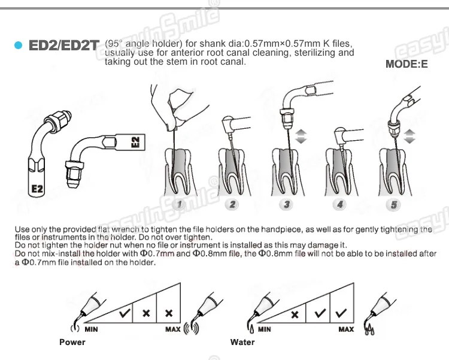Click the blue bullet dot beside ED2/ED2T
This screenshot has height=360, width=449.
click(19, 46)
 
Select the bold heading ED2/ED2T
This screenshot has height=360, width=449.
click(64, 46)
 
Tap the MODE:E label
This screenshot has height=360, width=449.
click(406, 64)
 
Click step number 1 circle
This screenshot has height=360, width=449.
click(180, 204)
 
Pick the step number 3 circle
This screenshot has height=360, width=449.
click(286, 204)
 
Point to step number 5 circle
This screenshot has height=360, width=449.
click(394, 205)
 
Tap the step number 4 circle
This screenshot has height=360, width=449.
click(340, 204)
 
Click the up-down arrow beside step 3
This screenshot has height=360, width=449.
click(301, 137)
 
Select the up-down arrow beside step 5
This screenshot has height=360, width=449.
click(409, 137)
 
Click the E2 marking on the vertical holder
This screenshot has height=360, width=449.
click(37, 189)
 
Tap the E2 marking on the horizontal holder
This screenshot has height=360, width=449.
click(135, 142)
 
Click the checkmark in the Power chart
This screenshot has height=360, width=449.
click(125, 313)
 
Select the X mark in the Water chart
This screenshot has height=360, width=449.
click(295, 314)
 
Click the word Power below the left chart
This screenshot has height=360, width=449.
click(72, 342)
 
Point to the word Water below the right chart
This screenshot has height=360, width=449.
click(242, 342)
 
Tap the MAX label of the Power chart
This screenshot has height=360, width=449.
click(172, 329)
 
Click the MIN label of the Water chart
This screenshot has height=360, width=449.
click(264, 329)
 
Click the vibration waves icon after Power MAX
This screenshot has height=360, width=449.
click(191, 328)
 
